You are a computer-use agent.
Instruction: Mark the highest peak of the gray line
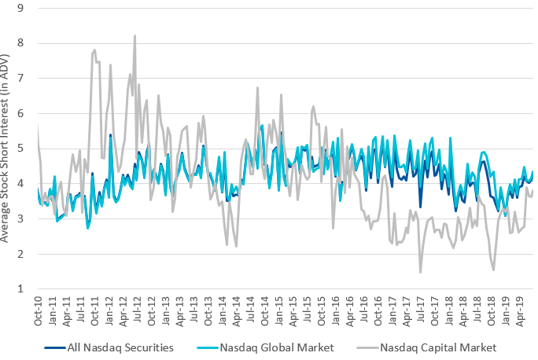(x=134, y=35)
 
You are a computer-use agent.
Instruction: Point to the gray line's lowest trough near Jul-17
(x=421, y=272)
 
